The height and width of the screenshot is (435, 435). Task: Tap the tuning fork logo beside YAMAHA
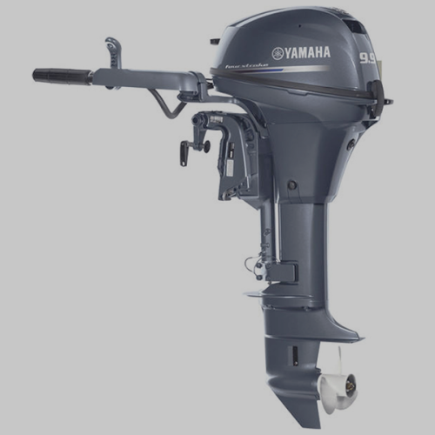click(277, 53)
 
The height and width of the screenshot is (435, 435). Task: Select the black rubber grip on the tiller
click(62, 76)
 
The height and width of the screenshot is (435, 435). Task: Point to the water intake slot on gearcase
click(294, 353)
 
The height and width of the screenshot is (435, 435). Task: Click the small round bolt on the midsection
click(291, 184)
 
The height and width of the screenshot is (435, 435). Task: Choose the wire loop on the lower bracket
click(253, 261)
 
